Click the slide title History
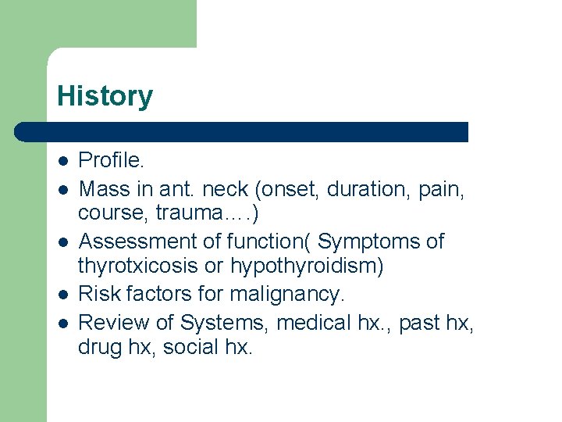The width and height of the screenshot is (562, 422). click(105, 96)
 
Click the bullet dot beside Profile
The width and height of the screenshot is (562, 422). click(62, 162)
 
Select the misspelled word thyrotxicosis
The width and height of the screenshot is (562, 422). click(138, 266)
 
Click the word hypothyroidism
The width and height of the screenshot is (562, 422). click(307, 266)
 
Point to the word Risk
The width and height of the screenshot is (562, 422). click(99, 294)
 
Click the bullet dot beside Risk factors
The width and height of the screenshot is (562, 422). click(62, 294)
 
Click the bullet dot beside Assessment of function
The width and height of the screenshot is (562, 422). click(62, 241)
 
